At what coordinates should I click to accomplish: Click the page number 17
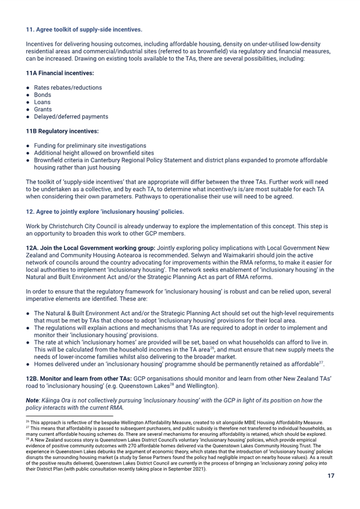coord(331,476)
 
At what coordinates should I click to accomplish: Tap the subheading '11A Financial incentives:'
coord(60,73)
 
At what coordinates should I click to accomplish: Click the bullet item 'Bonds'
coord(42,94)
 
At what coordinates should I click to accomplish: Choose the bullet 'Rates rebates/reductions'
coord(68,87)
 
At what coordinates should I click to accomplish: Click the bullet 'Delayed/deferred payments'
coord(71,116)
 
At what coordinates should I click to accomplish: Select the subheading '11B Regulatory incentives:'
coord(62,131)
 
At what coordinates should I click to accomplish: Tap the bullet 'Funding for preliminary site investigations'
coord(90,146)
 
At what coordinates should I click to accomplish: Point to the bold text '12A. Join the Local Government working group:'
coord(91,248)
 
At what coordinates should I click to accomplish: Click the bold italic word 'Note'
coord(33,400)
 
